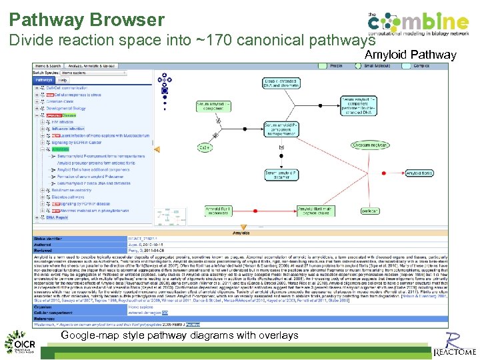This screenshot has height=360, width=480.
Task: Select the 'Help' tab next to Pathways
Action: tap(63, 80)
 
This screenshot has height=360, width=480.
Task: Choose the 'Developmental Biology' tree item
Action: tap(66, 108)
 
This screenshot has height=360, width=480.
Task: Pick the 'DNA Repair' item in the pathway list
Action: tap(57, 217)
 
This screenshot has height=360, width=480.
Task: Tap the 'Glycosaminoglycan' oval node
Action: tap(370, 145)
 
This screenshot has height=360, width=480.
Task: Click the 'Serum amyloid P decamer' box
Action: tap(281, 175)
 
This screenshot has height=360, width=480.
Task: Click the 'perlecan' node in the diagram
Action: tap(370, 211)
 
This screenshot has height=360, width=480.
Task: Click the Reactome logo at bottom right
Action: tap(455, 343)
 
